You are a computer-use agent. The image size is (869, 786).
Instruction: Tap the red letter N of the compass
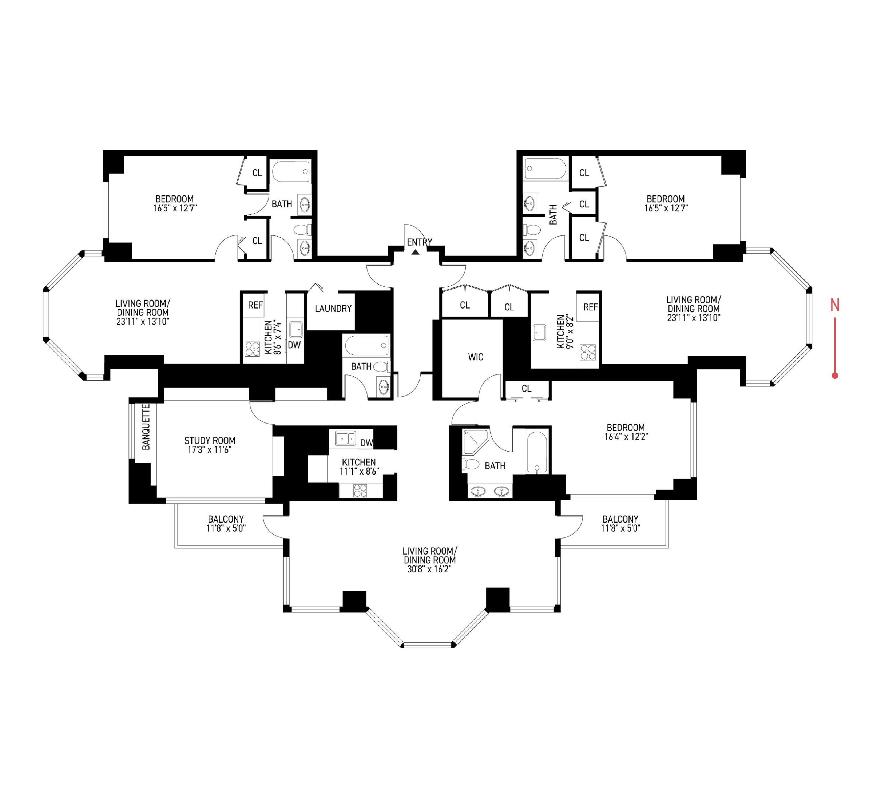coord(835,306)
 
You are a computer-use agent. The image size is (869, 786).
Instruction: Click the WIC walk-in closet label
coord(476,357)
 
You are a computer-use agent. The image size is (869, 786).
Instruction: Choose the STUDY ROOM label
coord(210,440)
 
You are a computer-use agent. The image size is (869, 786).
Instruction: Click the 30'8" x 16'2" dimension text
coord(429,569)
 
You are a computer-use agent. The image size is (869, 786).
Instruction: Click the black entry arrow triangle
coord(415,252)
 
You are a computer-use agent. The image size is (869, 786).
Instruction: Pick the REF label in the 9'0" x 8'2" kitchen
coord(590,307)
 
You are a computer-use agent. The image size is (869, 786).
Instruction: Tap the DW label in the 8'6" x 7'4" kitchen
coord(294,345)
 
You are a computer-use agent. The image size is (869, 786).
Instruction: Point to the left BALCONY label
coord(226,519)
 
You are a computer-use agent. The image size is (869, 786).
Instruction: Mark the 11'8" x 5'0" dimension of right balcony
coord(620,528)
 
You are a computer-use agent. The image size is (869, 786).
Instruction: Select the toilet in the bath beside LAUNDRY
coord(381,367)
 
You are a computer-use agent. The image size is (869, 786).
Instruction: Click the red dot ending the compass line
coord(835,376)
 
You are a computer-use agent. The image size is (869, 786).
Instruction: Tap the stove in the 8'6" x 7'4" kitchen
coord(252,349)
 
